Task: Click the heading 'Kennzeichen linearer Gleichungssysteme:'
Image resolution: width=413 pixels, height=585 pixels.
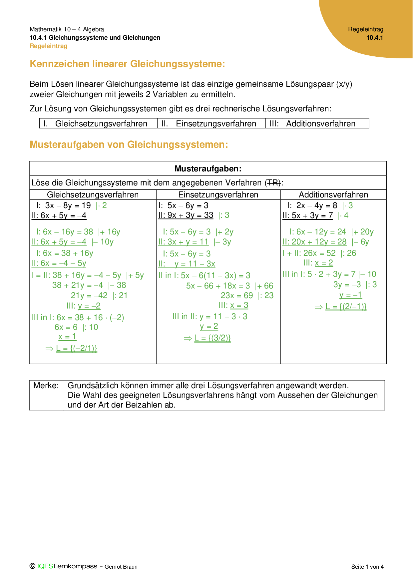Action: tap(127, 64)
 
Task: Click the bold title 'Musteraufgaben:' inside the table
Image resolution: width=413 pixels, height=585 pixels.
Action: tap(208, 169)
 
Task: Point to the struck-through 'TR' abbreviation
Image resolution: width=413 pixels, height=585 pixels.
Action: tap(273, 183)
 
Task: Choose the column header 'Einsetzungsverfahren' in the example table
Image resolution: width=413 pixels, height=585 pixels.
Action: tap(218, 195)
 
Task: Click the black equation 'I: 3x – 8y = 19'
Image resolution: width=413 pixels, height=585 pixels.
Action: tap(64, 205)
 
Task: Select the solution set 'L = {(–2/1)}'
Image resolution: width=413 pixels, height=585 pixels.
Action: tap(77, 349)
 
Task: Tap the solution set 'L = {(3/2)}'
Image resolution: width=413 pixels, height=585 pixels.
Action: tap(212, 338)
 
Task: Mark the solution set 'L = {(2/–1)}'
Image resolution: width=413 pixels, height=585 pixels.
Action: tap(346, 307)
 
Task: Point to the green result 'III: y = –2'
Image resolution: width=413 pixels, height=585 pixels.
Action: tap(84, 306)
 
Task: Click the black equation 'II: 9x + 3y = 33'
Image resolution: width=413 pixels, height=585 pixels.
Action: tap(186, 215)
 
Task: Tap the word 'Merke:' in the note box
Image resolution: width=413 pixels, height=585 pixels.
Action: tap(46, 386)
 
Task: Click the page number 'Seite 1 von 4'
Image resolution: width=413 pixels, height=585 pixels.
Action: tap(367, 567)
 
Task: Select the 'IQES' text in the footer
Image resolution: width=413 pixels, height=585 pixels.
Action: tap(45, 566)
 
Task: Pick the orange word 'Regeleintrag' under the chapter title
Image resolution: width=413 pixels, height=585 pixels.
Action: tap(49, 46)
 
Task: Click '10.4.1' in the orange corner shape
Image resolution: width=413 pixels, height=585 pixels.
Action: tap(375, 38)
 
